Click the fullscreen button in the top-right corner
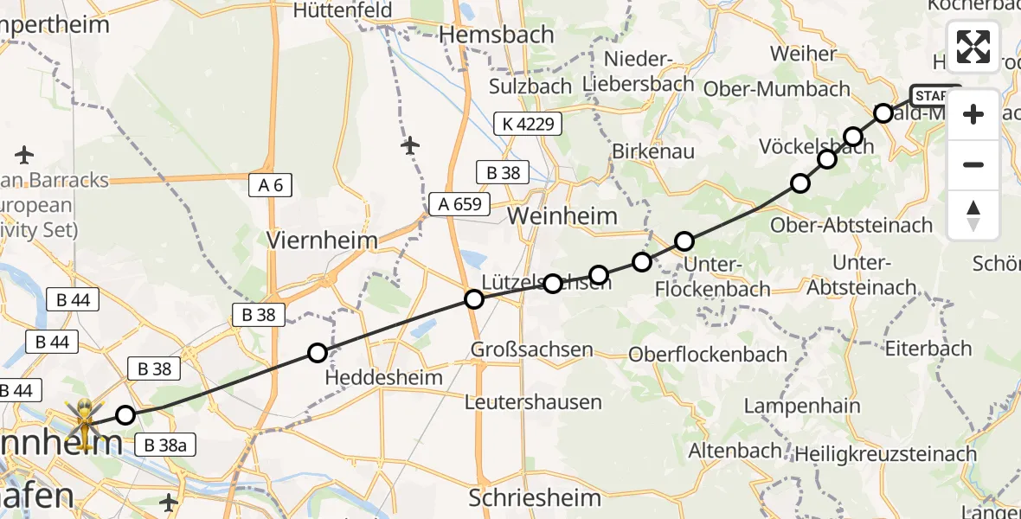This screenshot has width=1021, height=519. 973,47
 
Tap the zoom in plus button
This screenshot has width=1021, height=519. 973,114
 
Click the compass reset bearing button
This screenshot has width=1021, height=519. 973,215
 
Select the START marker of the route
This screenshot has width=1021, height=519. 934,94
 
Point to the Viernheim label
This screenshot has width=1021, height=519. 323,240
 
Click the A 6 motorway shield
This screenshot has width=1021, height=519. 270,184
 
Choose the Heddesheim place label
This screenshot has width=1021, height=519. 384,378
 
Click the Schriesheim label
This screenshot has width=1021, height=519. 535,497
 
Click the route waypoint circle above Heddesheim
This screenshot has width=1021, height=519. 318,352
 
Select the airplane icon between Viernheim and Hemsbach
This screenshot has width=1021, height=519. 410,145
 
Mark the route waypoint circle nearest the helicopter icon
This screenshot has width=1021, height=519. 125,415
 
